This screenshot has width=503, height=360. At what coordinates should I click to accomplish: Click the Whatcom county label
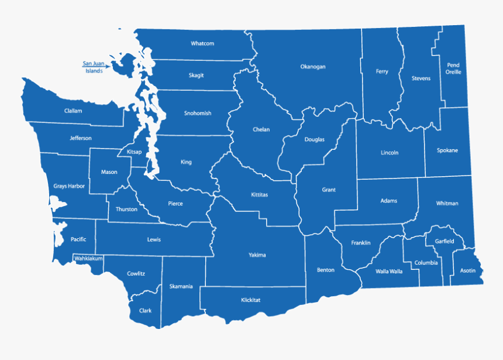[202, 43]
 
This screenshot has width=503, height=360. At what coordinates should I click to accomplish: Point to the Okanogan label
[313, 67]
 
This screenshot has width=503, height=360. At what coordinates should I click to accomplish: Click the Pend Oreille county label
[453, 68]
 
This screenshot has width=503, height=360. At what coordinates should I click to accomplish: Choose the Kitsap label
[135, 152]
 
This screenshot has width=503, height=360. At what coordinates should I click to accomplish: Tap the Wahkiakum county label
[88, 258]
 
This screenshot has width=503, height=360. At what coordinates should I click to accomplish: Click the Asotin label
[468, 270]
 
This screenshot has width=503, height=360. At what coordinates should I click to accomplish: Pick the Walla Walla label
[389, 271]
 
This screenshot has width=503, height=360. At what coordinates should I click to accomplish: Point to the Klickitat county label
[250, 300]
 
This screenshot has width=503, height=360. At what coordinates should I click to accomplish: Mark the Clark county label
[145, 311]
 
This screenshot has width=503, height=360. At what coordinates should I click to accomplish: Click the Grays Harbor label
[69, 186]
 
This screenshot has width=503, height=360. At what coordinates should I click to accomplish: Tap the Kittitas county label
[259, 194]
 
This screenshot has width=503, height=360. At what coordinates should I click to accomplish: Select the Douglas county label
[314, 139]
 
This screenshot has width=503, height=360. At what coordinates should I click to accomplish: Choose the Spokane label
[447, 150]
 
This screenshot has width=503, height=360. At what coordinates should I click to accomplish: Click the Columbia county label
[426, 263]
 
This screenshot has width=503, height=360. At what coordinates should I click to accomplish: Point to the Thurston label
[126, 209]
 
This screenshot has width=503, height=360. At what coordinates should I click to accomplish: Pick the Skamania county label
[181, 286]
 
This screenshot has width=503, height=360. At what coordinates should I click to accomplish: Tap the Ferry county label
[382, 71]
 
